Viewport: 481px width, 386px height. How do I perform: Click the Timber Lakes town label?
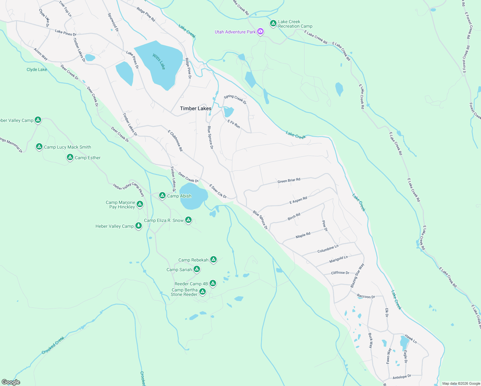tap(195, 108)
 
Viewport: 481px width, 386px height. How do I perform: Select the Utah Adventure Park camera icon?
tap(260, 32)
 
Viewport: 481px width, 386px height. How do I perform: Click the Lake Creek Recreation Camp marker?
tap(273, 23)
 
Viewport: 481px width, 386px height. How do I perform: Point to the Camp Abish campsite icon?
tap(162, 196)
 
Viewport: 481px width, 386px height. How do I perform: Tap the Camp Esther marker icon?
tap(70, 157)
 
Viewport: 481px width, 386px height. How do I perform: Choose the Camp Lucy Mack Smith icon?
tap(39, 147)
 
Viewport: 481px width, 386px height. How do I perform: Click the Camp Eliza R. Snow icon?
tap(188, 220)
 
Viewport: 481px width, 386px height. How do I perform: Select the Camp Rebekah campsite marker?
tap(213, 260)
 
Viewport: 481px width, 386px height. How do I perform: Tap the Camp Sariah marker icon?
tap(197, 269)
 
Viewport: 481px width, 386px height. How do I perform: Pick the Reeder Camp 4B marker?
tap(213, 283)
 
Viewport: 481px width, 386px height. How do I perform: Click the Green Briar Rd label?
tap(289, 180)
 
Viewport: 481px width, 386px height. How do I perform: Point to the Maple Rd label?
tap(303, 235)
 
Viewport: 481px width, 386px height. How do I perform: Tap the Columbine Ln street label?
tap(328, 249)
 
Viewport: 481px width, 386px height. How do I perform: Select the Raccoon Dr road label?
tap(366, 296)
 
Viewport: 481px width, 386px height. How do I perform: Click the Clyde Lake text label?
tap(37, 69)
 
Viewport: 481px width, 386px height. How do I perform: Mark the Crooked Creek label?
tap(53, 345)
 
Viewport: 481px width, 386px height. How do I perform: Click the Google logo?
tap(11, 382)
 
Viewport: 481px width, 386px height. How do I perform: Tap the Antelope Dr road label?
tap(402, 377)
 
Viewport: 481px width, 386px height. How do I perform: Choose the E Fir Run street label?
tap(234, 124)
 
